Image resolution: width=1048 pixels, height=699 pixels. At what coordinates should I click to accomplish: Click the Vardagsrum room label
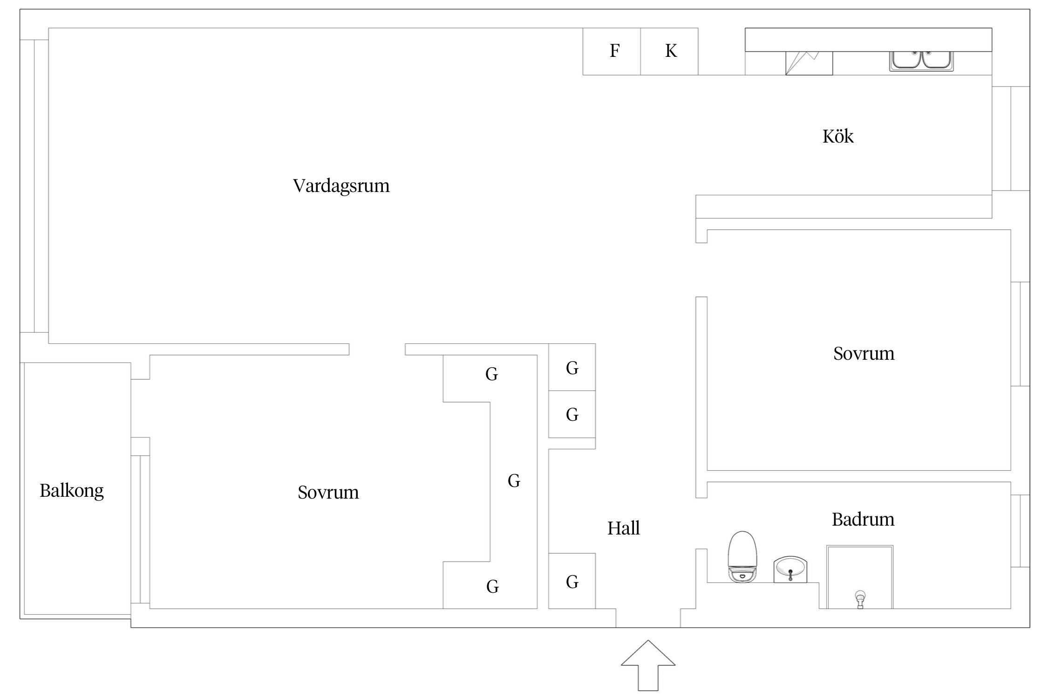point(341,186)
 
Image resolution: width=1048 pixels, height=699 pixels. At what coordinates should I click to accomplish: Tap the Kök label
point(837,137)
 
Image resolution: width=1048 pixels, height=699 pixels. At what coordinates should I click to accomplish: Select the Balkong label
point(71,491)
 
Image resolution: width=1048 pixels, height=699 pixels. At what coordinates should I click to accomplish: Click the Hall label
point(623,528)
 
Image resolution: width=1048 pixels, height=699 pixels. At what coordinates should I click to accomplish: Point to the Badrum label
point(863,519)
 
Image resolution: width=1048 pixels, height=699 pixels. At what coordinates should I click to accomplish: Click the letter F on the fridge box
point(614,51)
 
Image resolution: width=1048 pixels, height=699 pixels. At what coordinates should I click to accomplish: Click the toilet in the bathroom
point(742,556)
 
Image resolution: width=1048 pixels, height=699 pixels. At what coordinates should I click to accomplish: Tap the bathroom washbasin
point(790,569)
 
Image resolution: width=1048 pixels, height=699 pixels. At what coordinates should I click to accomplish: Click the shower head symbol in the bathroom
point(860,598)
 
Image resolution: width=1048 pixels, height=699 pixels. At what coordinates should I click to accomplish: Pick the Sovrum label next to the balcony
point(328,493)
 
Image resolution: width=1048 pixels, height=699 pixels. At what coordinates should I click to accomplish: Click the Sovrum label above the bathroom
point(863,354)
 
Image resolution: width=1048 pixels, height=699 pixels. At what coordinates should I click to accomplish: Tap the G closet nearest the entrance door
point(572,582)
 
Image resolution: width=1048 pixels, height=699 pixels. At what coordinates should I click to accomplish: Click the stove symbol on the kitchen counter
point(809,63)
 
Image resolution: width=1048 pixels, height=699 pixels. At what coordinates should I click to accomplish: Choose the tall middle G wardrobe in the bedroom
point(513,481)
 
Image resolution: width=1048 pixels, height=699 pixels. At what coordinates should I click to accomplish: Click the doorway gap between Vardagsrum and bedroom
point(377,349)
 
